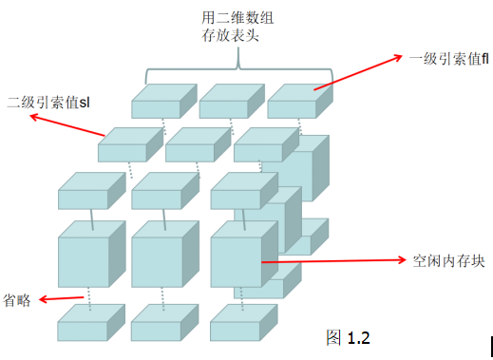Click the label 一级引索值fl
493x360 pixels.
click(448, 59)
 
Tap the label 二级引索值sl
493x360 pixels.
click(52, 102)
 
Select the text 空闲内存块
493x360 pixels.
click(447, 258)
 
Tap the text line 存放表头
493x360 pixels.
click(225, 36)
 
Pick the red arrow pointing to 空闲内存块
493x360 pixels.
click(332, 259)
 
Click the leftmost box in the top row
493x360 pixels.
click(158, 102)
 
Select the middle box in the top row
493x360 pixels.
click(225, 102)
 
